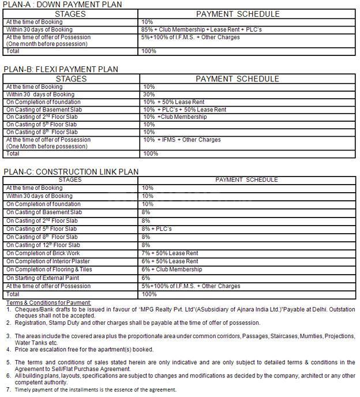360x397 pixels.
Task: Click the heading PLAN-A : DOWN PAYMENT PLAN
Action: [x=64, y=5]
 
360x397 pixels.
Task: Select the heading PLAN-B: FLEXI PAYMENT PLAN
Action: [x=61, y=69]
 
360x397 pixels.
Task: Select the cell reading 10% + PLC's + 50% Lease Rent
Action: [x=184, y=110]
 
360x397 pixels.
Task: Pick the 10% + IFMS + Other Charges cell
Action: [x=181, y=140]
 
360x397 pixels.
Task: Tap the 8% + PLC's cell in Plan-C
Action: [x=156, y=229]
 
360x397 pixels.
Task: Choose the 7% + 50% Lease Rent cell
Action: [x=170, y=253]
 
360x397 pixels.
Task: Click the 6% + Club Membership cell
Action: [x=171, y=269]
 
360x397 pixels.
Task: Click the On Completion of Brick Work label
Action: [x=43, y=253]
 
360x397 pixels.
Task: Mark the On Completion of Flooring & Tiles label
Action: [x=50, y=269]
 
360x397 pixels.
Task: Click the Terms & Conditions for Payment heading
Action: [x=49, y=302]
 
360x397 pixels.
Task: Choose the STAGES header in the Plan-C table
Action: [x=70, y=179]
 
